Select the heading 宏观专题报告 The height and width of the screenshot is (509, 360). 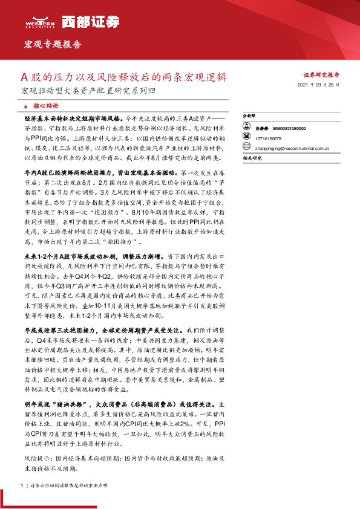tap(52, 44)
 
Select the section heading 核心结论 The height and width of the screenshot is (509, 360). tap(45, 104)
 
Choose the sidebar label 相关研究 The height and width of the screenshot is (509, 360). tap(251, 157)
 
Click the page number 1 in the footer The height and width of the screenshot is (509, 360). tap(22, 485)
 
